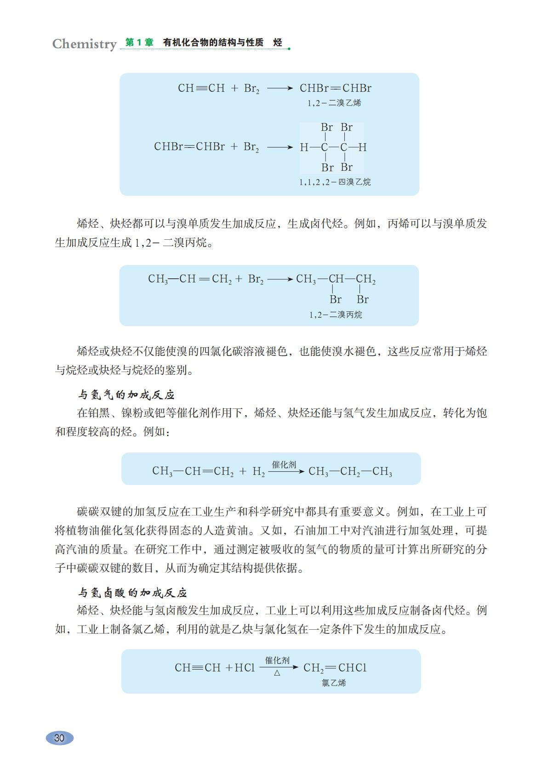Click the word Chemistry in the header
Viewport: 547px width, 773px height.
[84, 44]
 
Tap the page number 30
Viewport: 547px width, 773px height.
[59, 738]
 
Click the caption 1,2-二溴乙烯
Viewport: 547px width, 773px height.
[335, 103]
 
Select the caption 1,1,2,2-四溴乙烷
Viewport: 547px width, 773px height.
[335, 182]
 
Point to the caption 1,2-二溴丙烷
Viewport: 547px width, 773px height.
[336, 315]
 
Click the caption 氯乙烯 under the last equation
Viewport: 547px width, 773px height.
[334, 683]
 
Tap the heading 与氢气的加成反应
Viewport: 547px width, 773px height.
[126, 395]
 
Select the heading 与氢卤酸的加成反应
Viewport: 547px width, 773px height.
[132, 592]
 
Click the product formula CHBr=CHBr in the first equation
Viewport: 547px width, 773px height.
[335, 88]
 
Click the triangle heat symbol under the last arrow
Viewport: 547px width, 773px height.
[277, 673]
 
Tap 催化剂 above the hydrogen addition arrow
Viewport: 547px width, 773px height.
[284, 465]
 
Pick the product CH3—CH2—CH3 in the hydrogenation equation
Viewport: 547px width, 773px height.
[350, 471]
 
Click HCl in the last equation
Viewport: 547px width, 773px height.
[245, 668]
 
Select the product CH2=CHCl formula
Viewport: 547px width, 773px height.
[335, 668]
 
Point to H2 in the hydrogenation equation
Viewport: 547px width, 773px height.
[258, 471]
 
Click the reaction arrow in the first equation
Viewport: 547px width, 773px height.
[279, 88]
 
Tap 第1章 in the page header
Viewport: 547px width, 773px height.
[139, 43]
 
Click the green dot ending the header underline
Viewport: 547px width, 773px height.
[289, 48]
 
